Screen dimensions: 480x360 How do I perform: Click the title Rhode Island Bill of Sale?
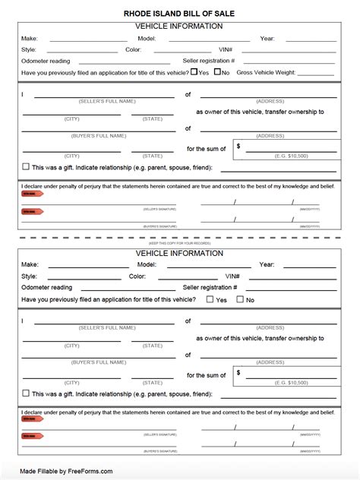[x=179, y=14]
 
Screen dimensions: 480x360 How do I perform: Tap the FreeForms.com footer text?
[x=66, y=471]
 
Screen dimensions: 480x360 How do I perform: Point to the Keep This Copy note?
[x=179, y=242]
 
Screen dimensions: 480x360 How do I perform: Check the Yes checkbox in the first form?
[x=194, y=72]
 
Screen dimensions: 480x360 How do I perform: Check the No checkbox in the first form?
[x=216, y=72]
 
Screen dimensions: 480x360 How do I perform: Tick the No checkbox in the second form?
[x=240, y=299]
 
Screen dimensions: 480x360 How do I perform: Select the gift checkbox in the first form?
[x=26, y=166]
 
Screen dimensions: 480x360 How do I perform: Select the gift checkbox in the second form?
[x=26, y=393]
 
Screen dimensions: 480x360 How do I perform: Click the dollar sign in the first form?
[x=239, y=146]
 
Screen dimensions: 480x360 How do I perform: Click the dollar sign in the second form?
[x=239, y=373]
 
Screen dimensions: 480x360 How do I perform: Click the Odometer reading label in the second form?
[x=47, y=288]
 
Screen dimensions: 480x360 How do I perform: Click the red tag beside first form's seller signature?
[x=31, y=194]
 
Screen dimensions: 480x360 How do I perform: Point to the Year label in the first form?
[x=267, y=37]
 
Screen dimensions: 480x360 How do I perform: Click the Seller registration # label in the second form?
[x=210, y=288]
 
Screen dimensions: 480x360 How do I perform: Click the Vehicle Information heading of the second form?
[x=179, y=253]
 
